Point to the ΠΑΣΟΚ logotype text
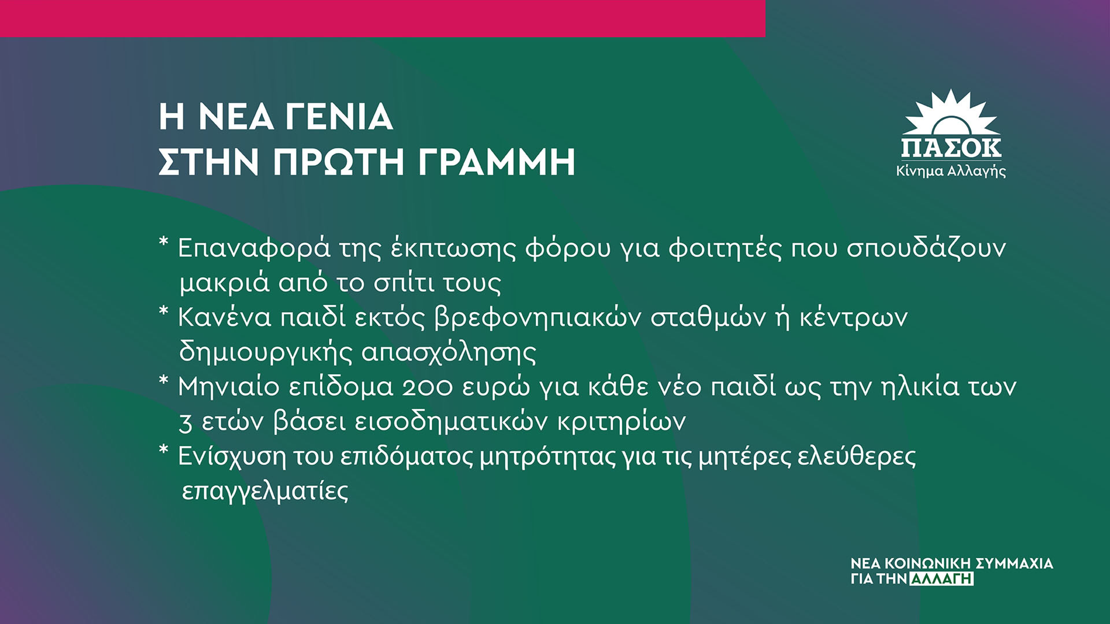951,148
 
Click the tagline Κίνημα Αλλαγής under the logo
951,171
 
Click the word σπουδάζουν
926,248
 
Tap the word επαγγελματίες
265,491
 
